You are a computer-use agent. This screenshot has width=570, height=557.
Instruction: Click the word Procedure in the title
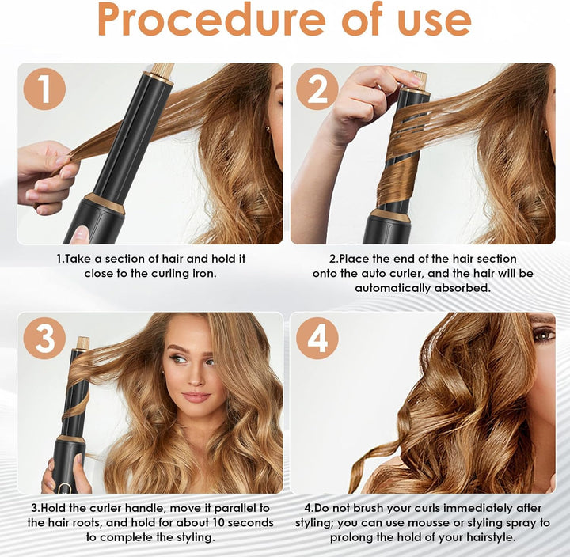coord(211,20)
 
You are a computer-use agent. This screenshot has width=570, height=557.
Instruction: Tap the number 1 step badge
coord(44,89)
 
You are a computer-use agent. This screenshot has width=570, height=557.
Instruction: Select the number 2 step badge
coord(317,89)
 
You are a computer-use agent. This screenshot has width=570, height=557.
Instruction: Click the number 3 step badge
coord(44,339)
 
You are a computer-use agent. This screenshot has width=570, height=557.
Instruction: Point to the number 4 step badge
coord(317,339)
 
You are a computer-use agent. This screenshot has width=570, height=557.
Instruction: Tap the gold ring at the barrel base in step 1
coord(105,203)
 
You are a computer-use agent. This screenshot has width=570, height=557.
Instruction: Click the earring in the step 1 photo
coord(268,128)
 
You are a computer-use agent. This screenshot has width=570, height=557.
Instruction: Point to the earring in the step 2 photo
coord(545,131)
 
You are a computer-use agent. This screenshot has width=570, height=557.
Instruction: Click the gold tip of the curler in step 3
coord(83,343)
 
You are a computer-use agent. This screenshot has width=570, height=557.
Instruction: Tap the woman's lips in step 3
coord(196,396)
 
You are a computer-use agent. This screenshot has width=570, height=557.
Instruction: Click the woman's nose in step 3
coord(195,378)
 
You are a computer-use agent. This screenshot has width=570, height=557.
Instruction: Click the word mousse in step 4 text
coord(428,523)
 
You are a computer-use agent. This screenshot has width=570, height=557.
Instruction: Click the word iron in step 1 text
coord(204,273)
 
